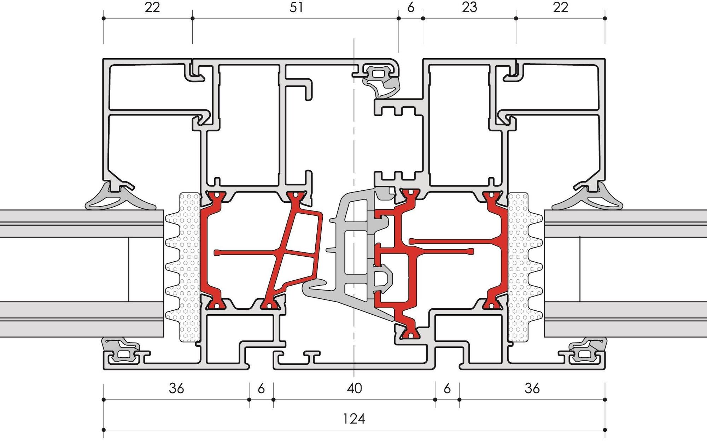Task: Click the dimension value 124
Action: point(354,419)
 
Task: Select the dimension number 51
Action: point(296,7)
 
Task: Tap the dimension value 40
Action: point(354,388)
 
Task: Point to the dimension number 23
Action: point(469,7)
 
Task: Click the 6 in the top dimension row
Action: point(411,7)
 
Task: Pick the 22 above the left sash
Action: point(152,7)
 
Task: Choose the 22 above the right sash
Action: point(560,7)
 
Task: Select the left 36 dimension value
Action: point(176,388)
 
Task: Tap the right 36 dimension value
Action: point(532,388)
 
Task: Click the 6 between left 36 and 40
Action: point(261,388)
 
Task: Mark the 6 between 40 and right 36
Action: point(447,388)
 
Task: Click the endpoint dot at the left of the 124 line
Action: point(104,430)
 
